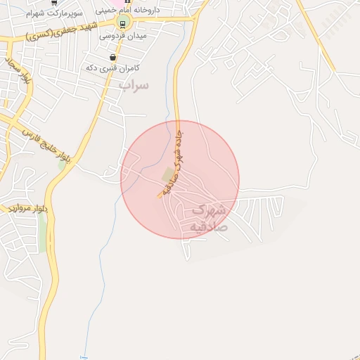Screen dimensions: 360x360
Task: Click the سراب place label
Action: coord(134,85)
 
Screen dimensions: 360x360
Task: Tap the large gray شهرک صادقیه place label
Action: coord(209,218)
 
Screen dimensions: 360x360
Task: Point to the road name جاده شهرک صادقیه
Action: coord(174,161)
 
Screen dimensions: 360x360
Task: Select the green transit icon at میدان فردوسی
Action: coord(122,24)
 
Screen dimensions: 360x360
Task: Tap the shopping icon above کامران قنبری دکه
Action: coord(112,56)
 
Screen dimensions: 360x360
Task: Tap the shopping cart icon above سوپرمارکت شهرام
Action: coord(54,2)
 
